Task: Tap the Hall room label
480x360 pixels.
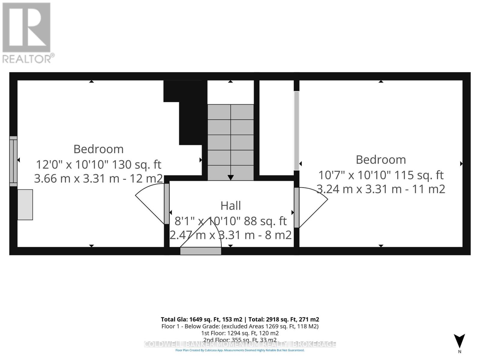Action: [230, 206]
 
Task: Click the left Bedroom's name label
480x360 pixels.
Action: [98, 149]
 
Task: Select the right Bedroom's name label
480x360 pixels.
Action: [381, 160]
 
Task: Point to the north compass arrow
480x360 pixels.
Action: [459, 341]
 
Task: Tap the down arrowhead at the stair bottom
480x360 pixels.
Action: [230, 177]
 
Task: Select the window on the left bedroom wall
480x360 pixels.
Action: [13, 161]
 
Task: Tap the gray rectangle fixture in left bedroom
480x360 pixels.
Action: [25, 205]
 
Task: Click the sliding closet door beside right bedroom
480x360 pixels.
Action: [296, 130]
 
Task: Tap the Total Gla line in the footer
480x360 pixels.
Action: [240, 319]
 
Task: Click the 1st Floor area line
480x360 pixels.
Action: [240, 333]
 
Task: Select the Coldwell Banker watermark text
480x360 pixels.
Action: [240, 344]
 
